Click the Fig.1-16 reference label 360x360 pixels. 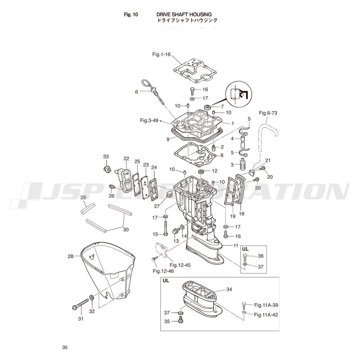point(162,54)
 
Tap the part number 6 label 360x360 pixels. point(136,92)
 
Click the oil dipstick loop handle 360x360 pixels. point(147,84)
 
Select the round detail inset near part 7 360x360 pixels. point(239,94)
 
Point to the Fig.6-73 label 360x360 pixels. point(268,113)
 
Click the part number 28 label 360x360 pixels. point(71,256)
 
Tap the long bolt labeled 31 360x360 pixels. point(81,303)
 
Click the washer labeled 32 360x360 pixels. point(91,298)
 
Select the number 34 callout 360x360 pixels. point(229,289)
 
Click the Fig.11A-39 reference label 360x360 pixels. point(266,305)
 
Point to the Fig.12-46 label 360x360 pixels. point(163,271)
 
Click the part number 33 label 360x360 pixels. point(106,156)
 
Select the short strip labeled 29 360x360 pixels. point(88,208)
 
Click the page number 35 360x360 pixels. point(65,347)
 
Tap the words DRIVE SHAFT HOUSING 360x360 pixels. point(184,15)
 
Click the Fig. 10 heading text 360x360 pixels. point(131,15)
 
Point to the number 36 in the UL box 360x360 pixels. point(261,256)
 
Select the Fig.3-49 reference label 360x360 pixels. point(149,120)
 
